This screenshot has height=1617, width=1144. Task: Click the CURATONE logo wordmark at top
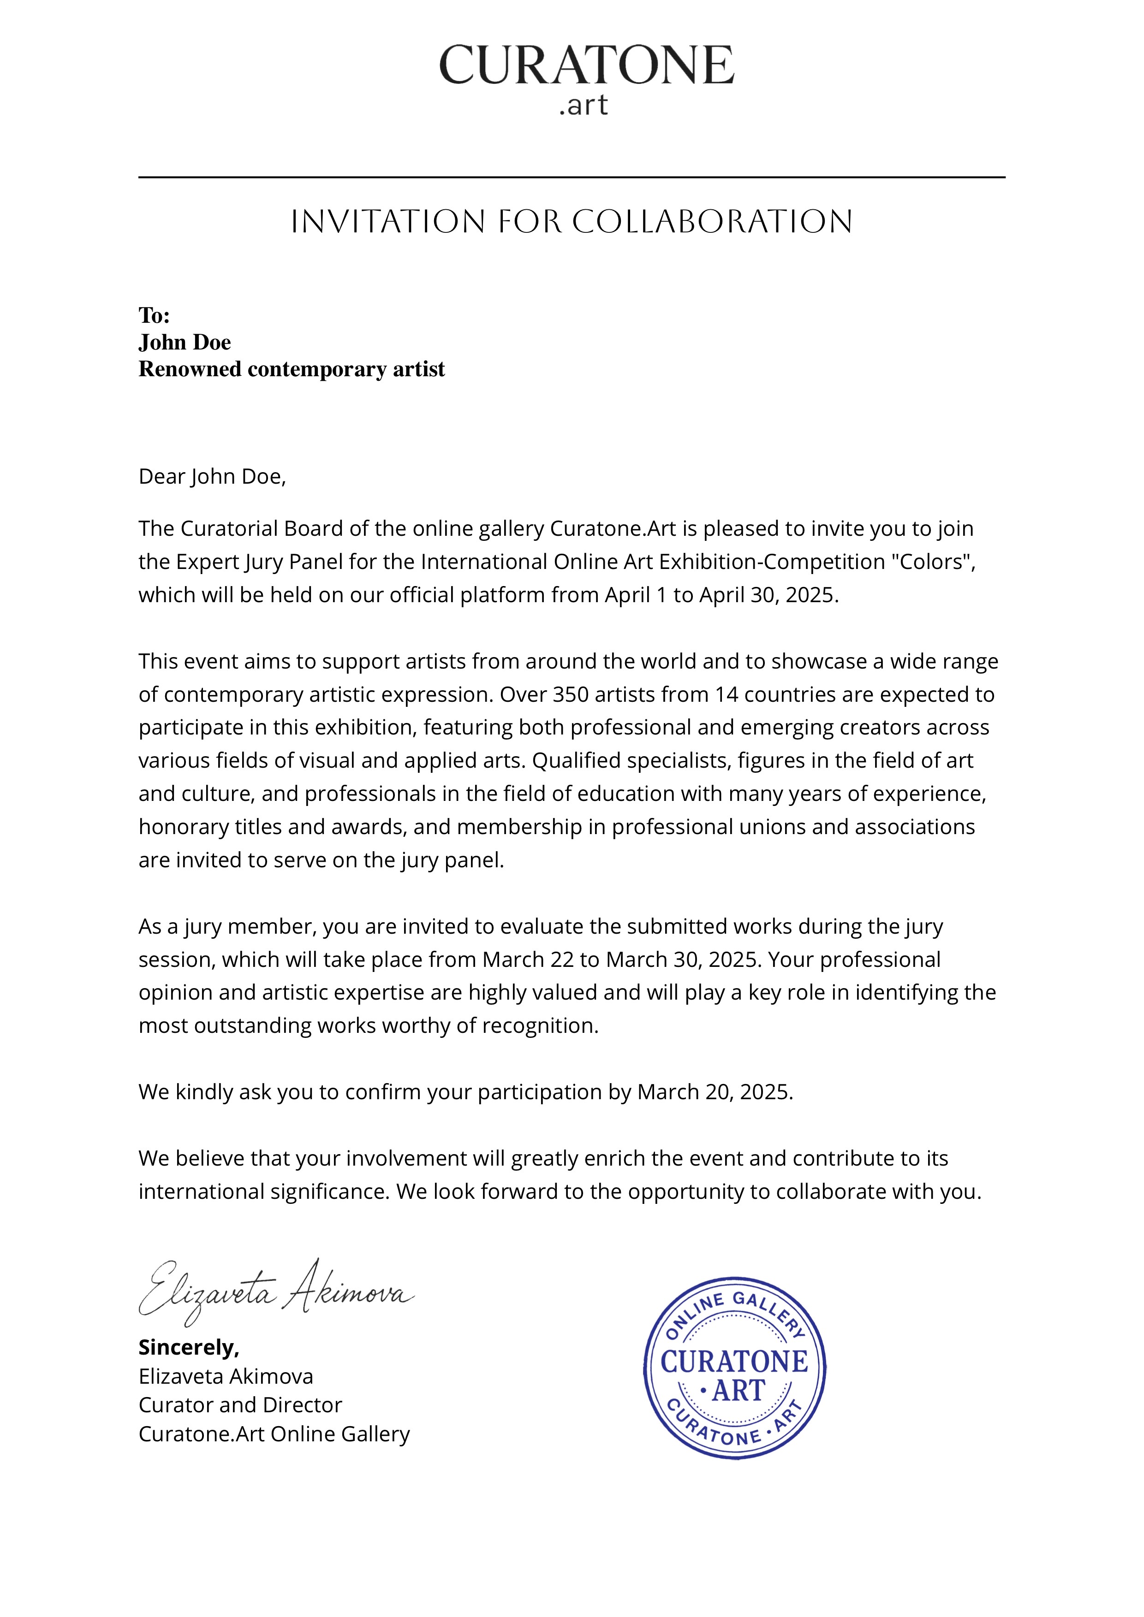[586, 65]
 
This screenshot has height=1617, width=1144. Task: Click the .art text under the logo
[583, 106]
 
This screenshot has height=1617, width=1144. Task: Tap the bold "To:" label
[154, 315]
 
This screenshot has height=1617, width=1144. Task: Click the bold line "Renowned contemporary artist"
[292, 369]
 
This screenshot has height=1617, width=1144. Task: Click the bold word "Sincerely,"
[189, 1347]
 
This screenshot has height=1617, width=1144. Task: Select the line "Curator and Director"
[240, 1405]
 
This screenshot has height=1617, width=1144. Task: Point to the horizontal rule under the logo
[571, 178]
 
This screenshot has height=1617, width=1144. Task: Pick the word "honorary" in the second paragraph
[183, 827]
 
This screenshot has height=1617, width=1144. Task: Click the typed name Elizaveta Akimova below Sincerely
[226, 1376]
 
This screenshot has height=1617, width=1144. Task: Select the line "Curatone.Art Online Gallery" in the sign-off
[274, 1434]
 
